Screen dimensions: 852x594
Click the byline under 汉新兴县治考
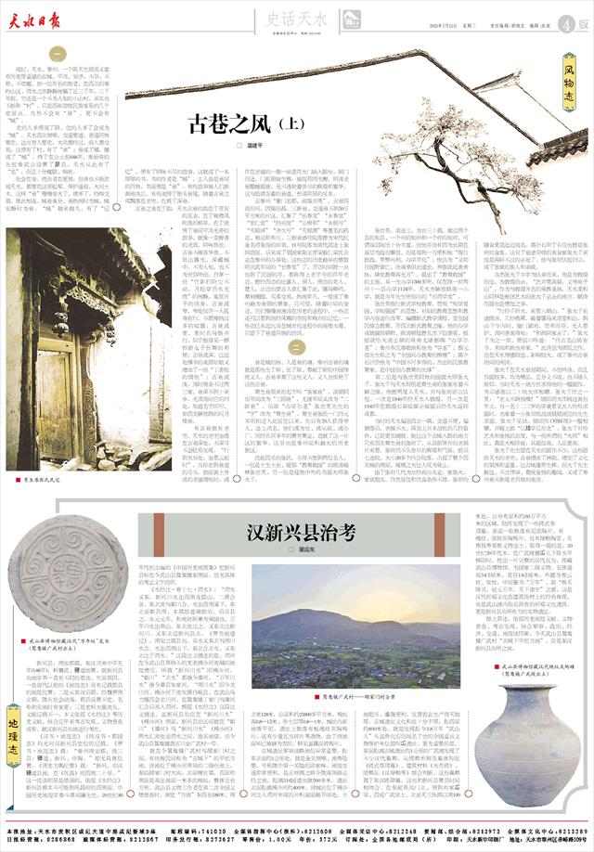[289, 550]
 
